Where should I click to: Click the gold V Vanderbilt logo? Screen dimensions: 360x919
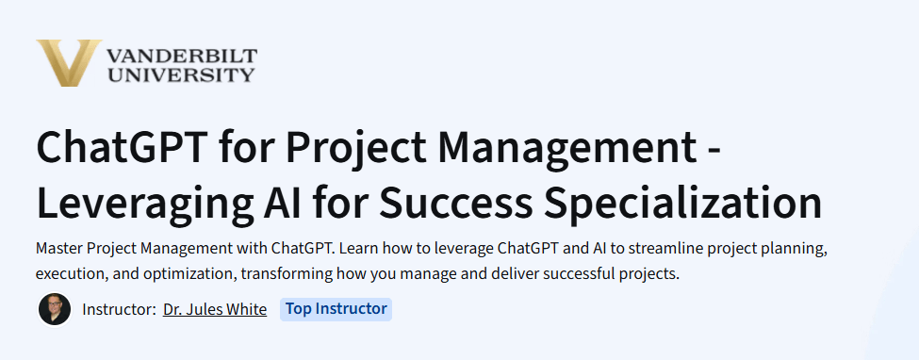pyautogui.click(x=68, y=63)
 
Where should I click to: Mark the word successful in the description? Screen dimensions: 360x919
pyautogui.click(x=575, y=274)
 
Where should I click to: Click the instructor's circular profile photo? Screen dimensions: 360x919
pyautogui.click(x=55, y=309)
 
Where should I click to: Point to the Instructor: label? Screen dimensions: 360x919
pyautogui.click(x=119, y=309)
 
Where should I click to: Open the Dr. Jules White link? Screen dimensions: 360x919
pyautogui.click(x=215, y=309)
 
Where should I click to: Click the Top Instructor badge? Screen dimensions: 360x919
pyautogui.click(x=336, y=309)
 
